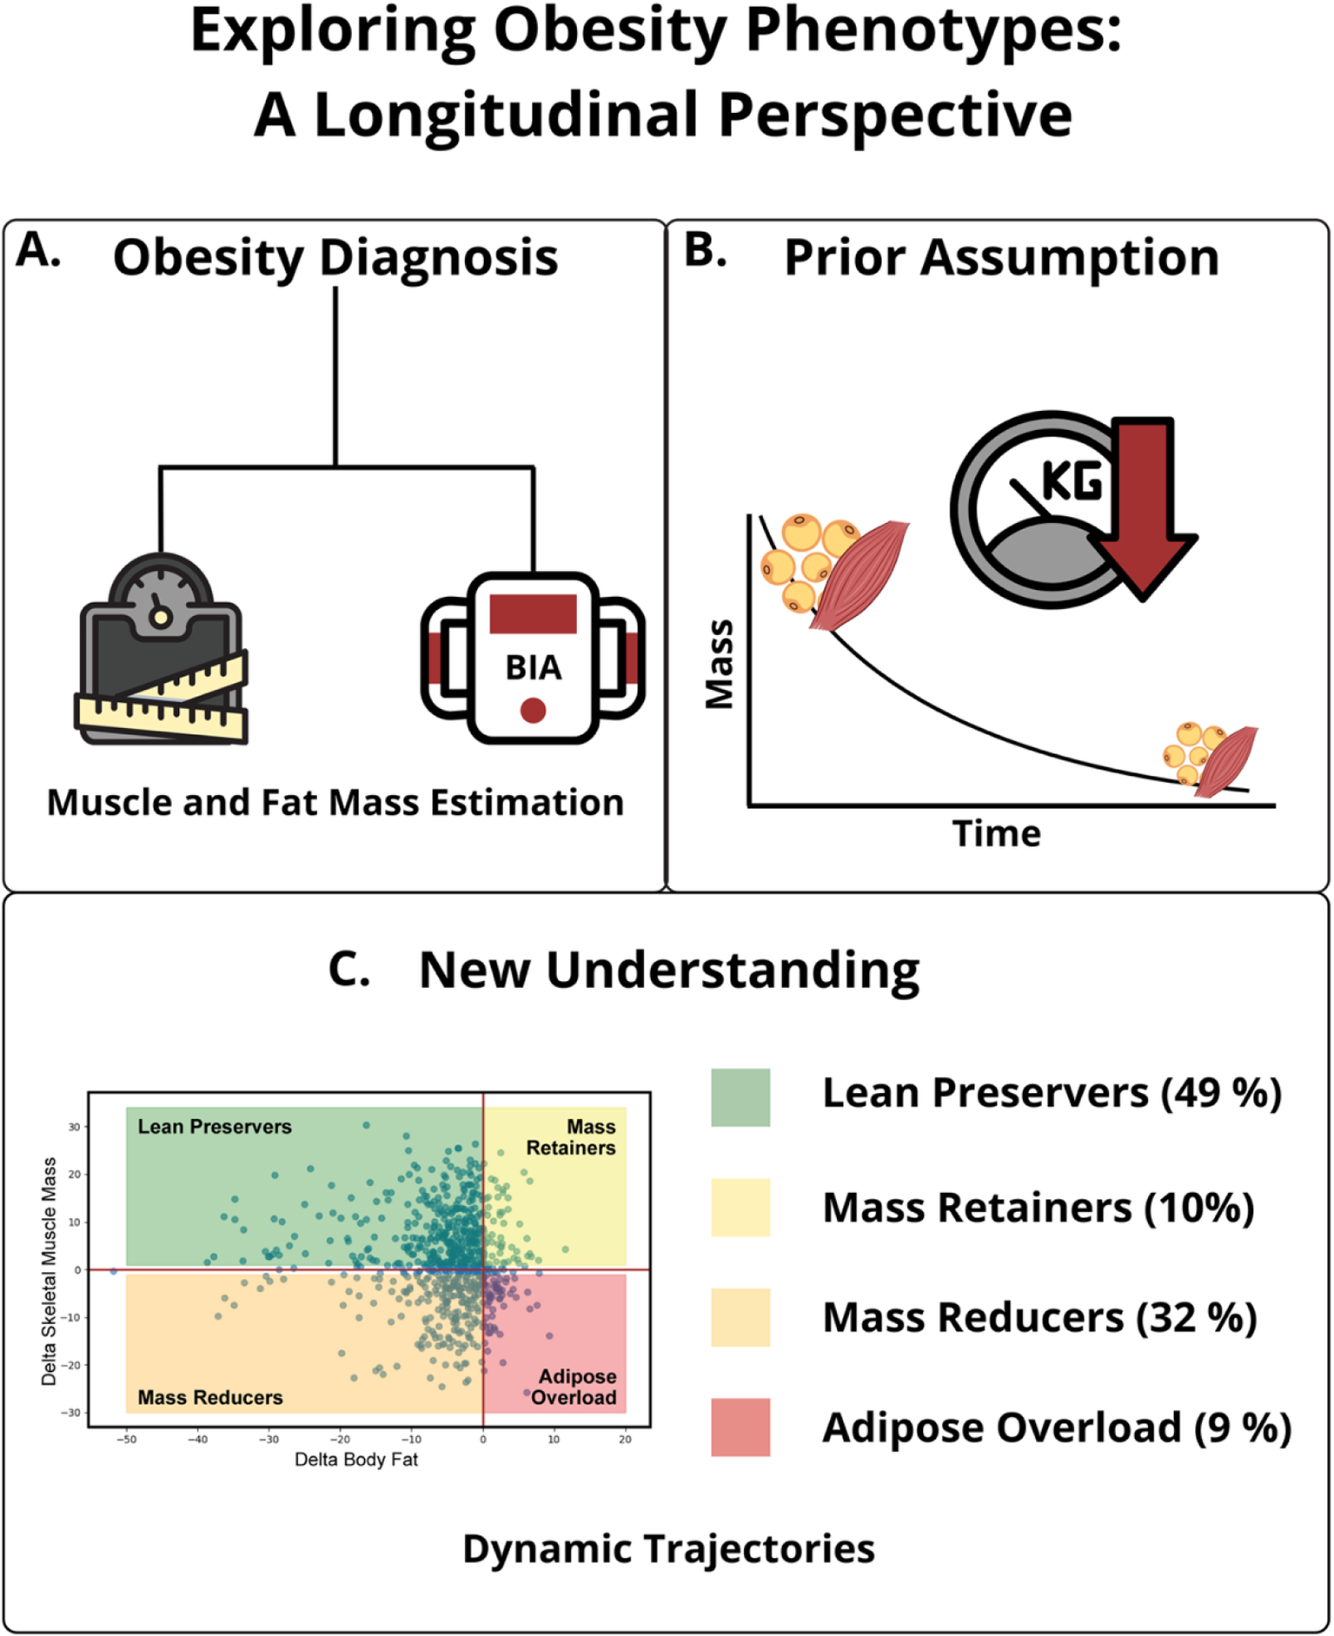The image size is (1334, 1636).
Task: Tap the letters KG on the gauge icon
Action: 1072,480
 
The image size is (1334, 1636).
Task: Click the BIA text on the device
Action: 533,668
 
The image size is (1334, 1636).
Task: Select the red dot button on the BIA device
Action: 533,711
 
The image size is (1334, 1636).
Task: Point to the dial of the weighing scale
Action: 160,599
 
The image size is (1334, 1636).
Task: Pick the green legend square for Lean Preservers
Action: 740,1097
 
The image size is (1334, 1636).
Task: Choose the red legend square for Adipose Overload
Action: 740,1427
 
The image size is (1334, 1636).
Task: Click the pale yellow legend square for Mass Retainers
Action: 740,1207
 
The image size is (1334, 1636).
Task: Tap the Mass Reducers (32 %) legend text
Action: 1039,1318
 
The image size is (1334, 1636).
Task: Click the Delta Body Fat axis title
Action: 355,1460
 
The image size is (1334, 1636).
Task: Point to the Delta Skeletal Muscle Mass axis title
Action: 49,1271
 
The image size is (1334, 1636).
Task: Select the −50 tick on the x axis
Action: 127,1440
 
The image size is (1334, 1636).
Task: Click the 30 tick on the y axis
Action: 75,1127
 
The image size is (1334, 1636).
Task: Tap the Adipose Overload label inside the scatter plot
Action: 576,1387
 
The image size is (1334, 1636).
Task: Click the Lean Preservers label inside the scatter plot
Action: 215,1127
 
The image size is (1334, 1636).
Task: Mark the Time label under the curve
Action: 996,834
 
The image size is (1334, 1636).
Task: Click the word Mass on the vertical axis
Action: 720,665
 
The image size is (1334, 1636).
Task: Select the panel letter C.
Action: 348,969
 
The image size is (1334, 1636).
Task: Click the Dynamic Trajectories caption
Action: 668,1549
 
